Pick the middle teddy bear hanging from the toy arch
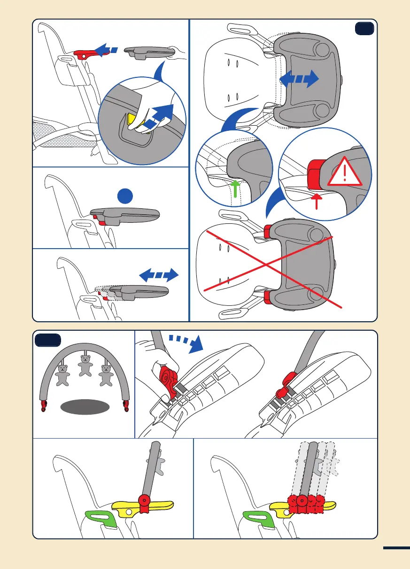point(85,365)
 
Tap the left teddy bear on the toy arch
point(63,376)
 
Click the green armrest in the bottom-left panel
point(101,517)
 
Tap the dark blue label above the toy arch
point(48,341)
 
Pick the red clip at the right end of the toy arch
point(126,405)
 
